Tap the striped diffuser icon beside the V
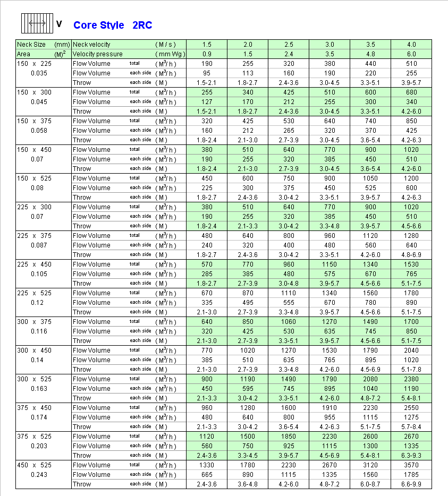(37, 23)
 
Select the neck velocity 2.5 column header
(289, 45)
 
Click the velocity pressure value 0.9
(207, 54)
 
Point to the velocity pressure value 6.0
(411, 54)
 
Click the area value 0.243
(39, 475)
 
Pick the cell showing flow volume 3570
(411, 465)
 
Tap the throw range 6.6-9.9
(411, 484)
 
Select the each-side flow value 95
(207, 73)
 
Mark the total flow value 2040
(411, 350)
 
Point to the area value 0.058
(39, 131)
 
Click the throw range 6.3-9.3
(411, 456)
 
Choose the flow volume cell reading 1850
(289, 437)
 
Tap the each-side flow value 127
(207, 102)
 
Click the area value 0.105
(39, 274)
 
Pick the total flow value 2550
(411, 408)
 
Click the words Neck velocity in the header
(91, 45)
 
